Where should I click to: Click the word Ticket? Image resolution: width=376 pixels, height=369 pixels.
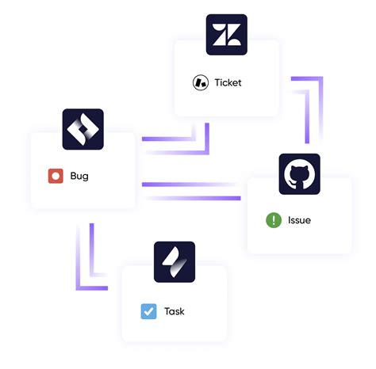coord(228,82)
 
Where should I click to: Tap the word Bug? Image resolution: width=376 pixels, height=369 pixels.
coord(79,176)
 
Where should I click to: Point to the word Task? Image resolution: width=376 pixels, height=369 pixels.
coord(174,311)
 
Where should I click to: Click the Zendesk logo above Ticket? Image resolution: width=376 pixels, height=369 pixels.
coord(226,35)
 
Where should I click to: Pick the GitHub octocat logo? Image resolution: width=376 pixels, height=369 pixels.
coord(299,174)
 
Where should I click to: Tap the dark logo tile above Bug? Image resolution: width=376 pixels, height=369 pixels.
coord(83,129)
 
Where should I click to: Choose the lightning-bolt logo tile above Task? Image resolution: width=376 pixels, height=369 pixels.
coord(174,263)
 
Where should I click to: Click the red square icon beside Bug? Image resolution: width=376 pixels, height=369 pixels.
coord(55,176)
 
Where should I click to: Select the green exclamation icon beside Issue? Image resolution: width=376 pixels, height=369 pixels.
coord(273,220)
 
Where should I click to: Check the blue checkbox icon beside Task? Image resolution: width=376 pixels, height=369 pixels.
coord(148,311)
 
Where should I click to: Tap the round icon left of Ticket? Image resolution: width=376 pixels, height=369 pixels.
coord(200,82)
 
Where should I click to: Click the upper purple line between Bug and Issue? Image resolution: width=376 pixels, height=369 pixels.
coord(190,184)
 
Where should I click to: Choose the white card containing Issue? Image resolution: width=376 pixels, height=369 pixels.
coord(299,226)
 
